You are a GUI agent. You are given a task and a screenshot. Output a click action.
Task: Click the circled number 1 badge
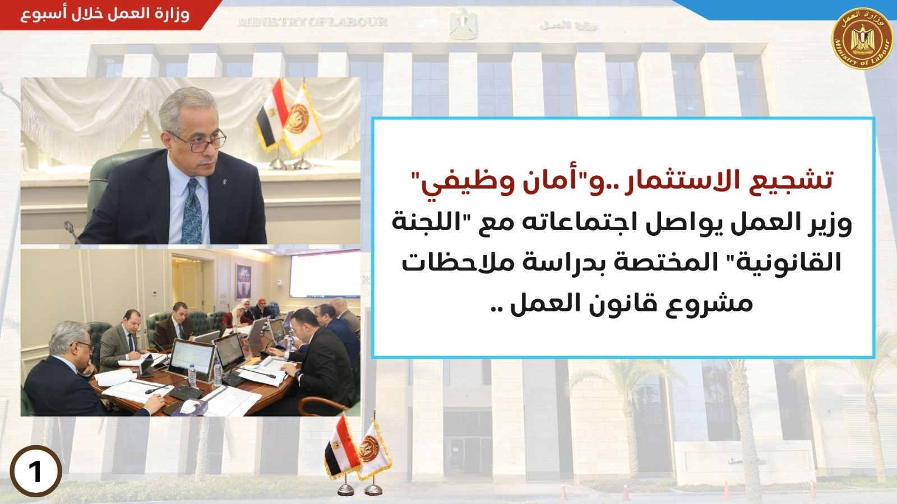pyautogui.click(x=36, y=471)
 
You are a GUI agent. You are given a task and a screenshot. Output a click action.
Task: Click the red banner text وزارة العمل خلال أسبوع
pyautogui.click(x=105, y=15)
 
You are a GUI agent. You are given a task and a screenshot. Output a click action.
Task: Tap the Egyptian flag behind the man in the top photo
pyautogui.click(x=271, y=116)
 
